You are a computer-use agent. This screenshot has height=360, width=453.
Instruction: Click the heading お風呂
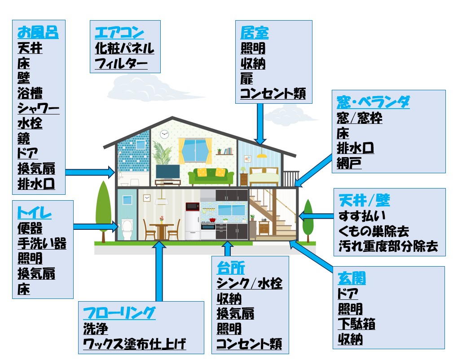tap(38, 33)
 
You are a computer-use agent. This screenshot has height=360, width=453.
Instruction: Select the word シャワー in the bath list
tap(38, 108)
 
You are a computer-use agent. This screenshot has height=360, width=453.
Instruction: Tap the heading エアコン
tap(119, 33)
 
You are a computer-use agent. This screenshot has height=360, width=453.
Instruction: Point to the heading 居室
tap(254, 33)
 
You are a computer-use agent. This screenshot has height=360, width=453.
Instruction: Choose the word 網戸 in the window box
tap(349, 163)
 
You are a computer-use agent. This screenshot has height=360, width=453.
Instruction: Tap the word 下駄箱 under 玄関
tap(356, 324)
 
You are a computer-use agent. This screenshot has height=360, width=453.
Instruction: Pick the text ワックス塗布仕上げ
tap(134, 345)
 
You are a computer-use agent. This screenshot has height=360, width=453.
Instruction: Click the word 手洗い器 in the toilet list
tap(42, 244)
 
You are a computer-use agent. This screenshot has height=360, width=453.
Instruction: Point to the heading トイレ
tap(34, 213)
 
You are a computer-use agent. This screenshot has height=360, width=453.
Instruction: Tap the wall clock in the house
tap(164, 133)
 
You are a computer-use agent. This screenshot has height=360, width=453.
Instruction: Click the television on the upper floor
tap(167, 171)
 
